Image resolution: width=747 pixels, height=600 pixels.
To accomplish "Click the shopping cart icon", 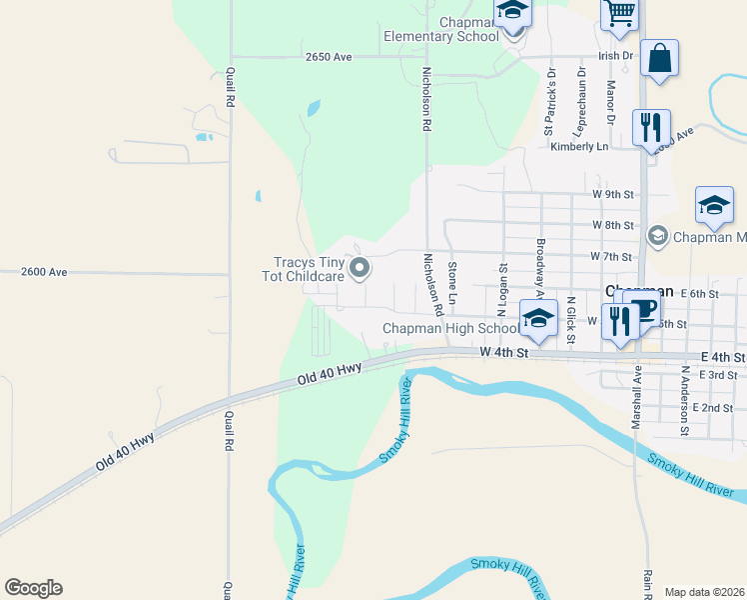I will (619, 14).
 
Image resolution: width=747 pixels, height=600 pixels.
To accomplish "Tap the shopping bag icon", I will (660, 58).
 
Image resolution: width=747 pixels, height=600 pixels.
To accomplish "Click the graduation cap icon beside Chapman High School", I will (538, 320).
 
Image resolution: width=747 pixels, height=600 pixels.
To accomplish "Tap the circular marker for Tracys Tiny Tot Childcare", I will (361, 268).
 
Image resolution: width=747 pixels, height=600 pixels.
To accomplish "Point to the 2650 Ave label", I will (329, 58).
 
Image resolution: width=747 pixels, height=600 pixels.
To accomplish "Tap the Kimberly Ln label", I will (579, 147).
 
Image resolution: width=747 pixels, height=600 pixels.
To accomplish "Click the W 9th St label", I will (613, 194).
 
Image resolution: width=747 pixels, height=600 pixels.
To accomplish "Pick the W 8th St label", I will (613, 226).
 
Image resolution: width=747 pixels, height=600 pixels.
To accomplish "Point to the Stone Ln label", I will (452, 283).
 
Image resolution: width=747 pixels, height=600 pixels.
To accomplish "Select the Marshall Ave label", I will (635, 398).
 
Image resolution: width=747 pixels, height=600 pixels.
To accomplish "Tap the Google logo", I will (33, 588).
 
